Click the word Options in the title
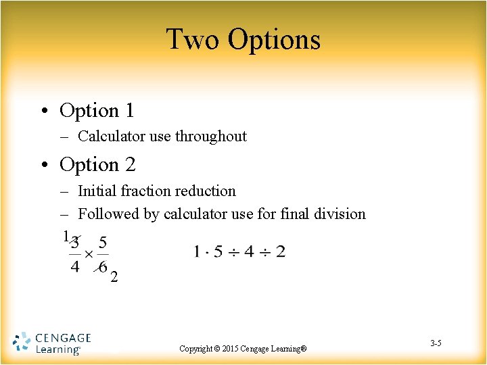coord(274,41)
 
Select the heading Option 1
coord(97,110)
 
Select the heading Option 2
coord(97,164)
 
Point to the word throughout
coord(211,136)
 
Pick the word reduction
coord(204,191)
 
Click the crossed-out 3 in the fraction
coord(76,242)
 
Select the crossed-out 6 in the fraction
coord(102,266)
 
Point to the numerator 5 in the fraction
coord(102,242)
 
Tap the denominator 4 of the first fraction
coord(75,266)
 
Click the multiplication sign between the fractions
coord(89,255)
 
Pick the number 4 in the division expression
coord(248,252)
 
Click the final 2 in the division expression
coord(281,252)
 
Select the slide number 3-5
coord(436,344)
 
